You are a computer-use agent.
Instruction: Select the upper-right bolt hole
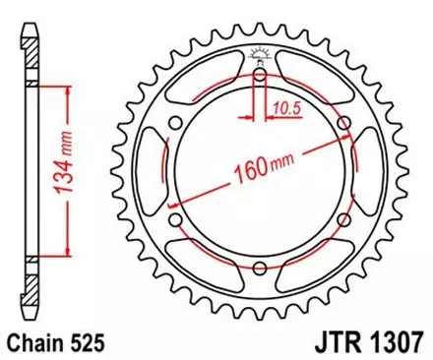(x=341, y=123)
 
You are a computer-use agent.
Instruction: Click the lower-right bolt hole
(x=341, y=220)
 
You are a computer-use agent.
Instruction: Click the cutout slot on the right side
(x=370, y=172)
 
